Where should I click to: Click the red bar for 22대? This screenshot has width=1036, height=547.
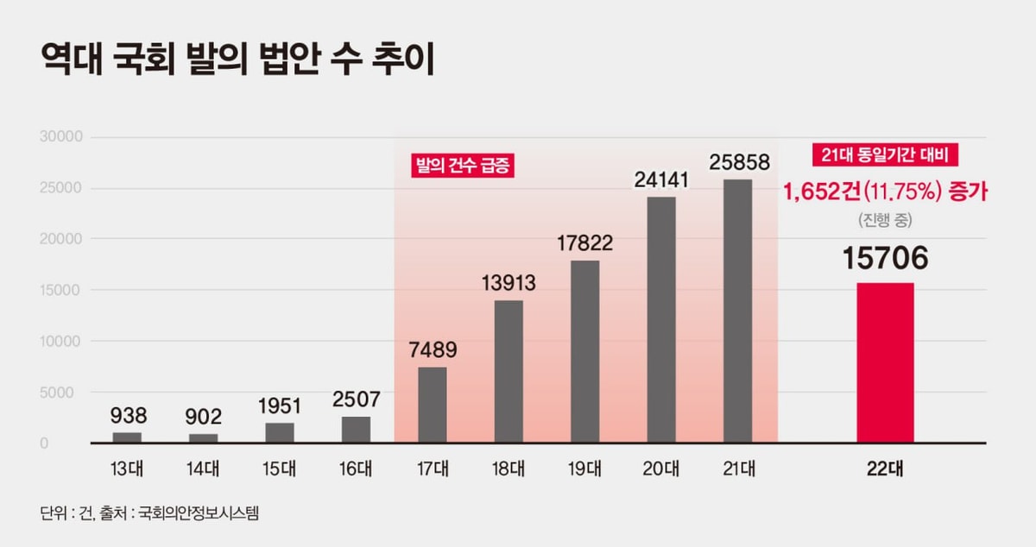tap(885, 362)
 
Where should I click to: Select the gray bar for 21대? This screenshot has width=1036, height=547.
tap(737, 311)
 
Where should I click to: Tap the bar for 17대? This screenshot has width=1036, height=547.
tap(433, 405)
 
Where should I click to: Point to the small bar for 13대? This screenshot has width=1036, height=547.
tap(127, 437)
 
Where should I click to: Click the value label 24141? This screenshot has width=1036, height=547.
tap(660, 181)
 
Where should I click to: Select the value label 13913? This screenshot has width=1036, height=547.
tap(509, 283)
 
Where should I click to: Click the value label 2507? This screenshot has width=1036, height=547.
tap(357, 400)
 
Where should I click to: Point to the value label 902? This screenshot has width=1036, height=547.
tap(204, 417)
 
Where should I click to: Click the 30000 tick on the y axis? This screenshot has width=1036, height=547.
tap(60, 137)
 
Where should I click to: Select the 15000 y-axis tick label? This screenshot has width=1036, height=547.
tap(60, 290)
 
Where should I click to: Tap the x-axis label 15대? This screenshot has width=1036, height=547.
tap(280, 469)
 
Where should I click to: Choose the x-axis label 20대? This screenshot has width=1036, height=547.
tap(660, 469)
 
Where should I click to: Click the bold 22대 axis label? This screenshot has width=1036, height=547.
tap(886, 469)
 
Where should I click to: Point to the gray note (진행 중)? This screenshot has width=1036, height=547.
tap(886, 220)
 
